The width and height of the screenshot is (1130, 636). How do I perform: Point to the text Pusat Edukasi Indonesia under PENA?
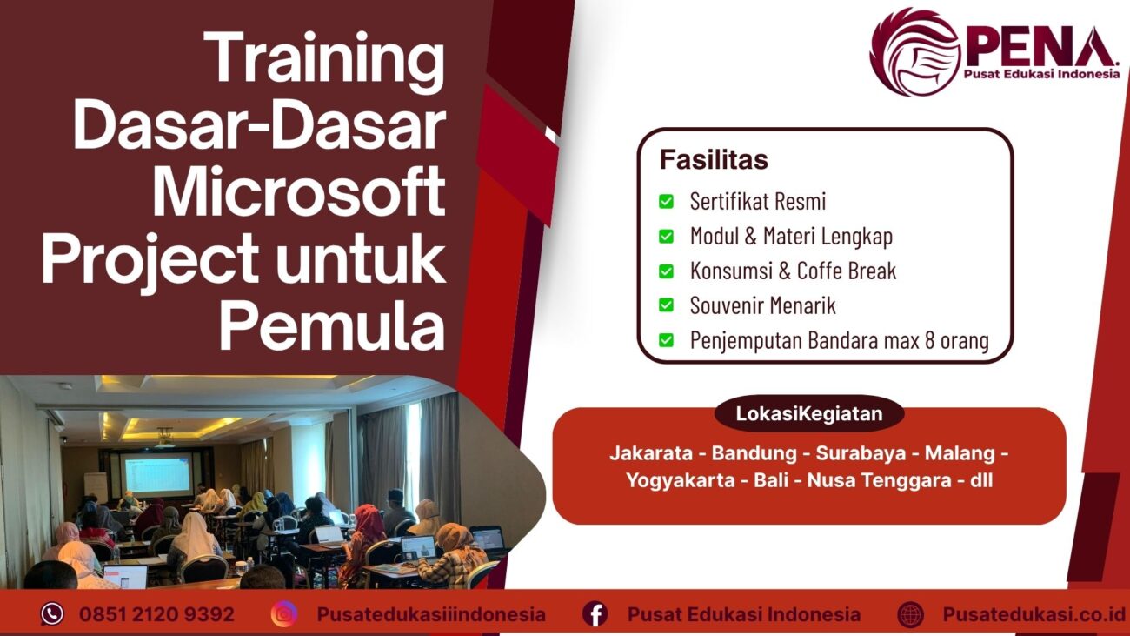(1040, 75)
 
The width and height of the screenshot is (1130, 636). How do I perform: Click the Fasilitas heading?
(714, 160)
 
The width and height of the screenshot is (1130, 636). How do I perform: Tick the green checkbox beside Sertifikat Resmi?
(666, 202)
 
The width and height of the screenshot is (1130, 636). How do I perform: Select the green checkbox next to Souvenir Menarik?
(666, 305)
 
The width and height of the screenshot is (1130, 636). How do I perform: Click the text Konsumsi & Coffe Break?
(792, 271)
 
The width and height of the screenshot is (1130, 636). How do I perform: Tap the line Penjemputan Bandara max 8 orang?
(839, 340)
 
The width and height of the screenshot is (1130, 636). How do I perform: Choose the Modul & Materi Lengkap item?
(790, 236)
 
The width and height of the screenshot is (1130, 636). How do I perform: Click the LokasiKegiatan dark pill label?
(808, 414)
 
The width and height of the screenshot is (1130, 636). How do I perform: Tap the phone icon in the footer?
(52, 614)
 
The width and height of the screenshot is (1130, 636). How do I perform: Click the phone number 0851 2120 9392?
(156, 614)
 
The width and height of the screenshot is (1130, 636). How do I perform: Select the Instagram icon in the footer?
(283, 614)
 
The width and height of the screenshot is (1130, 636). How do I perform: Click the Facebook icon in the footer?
(595, 614)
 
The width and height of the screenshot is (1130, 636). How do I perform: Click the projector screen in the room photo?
(157, 475)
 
